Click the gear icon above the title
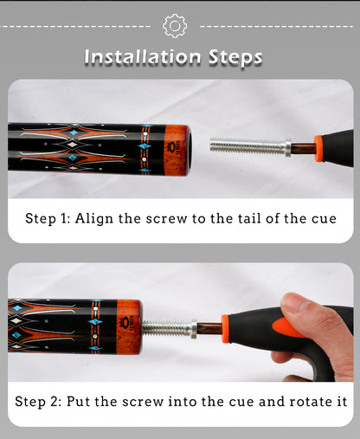click(175, 26)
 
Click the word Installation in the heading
click(143, 56)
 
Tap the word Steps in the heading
click(235, 57)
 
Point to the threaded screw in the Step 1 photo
click(247, 145)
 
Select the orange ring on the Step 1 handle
click(318, 148)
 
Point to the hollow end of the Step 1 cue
click(189, 150)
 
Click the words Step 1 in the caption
click(48, 218)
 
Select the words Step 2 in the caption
click(38, 402)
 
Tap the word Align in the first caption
click(94, 219)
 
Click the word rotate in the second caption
click(311, 402)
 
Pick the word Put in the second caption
click(78, 402)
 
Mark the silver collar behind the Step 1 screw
click(288, 147)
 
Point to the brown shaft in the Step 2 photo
click(209, 329)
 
